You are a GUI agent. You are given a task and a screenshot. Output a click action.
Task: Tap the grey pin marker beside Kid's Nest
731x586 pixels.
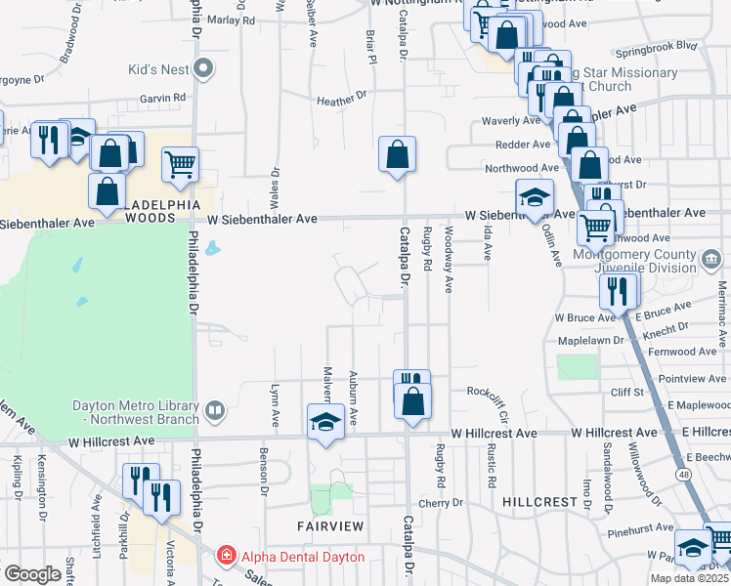click(x=202, y=68)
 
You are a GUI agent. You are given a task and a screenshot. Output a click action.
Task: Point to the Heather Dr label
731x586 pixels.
click(x=341, y=99)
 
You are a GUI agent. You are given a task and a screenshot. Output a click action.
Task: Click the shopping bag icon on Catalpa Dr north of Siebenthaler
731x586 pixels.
click(x=398, y=154)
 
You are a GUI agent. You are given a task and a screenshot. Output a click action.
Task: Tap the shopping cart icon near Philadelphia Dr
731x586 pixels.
click(x=181, y=166)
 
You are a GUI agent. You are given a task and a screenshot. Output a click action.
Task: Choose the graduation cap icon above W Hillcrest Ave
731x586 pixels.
click(x=323, y=422)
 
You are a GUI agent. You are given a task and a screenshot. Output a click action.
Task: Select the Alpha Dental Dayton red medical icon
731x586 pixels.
click(x=227, y=557)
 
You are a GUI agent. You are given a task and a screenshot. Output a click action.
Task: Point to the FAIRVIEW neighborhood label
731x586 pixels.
click(x=331, y=526)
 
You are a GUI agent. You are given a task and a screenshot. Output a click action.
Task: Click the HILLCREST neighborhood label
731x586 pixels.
click(x=539, y=501)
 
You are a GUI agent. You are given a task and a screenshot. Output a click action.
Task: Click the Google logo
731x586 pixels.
click(x=32, y=574)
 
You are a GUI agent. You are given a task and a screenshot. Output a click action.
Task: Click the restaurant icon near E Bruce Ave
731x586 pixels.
click(x=619, y=290)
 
